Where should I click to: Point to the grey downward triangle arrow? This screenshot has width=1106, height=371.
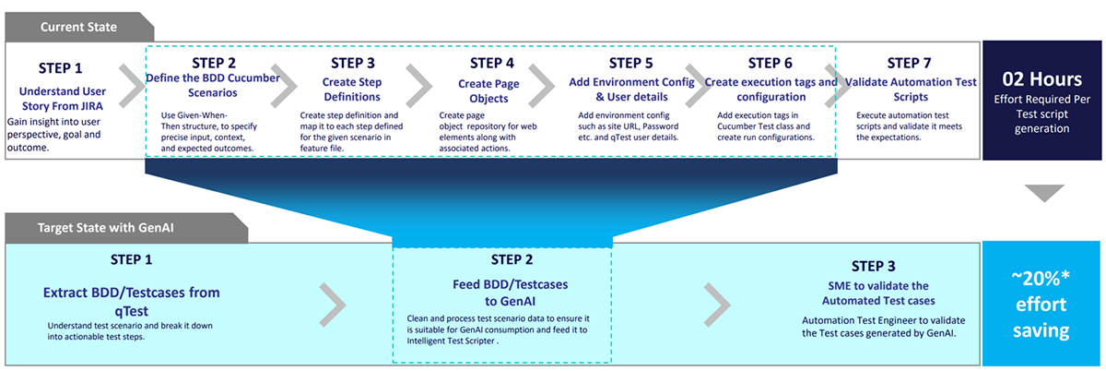(x=1045, y=193)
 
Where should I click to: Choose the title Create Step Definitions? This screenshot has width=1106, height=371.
(x=353, y=90)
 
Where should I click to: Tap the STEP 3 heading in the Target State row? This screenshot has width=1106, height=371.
(x=886, y=266)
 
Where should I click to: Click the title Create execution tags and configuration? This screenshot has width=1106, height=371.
(x=770, y=90)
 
